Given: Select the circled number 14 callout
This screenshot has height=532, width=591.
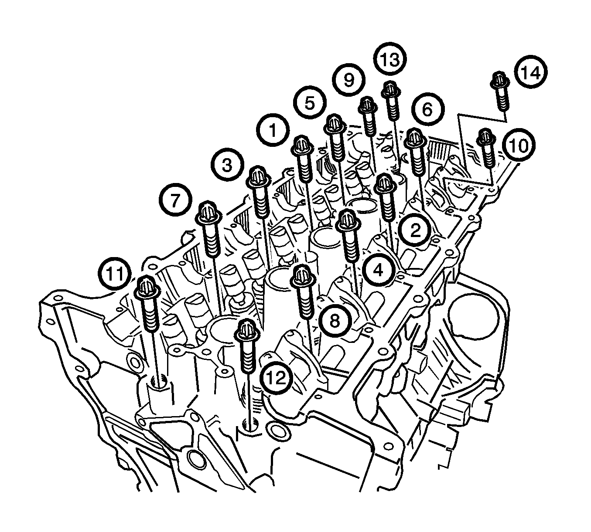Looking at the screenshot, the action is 531,72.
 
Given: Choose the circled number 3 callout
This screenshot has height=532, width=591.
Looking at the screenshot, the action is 227,165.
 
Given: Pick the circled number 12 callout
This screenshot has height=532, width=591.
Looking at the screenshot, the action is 277,377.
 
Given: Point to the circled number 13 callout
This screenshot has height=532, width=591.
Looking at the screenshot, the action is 390,59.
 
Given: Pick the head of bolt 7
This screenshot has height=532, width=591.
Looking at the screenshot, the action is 208,213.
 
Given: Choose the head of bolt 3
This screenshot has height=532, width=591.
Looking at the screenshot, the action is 258,178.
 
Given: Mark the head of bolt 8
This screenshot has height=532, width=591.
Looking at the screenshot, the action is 303,277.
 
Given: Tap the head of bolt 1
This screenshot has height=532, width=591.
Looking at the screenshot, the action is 302,146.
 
